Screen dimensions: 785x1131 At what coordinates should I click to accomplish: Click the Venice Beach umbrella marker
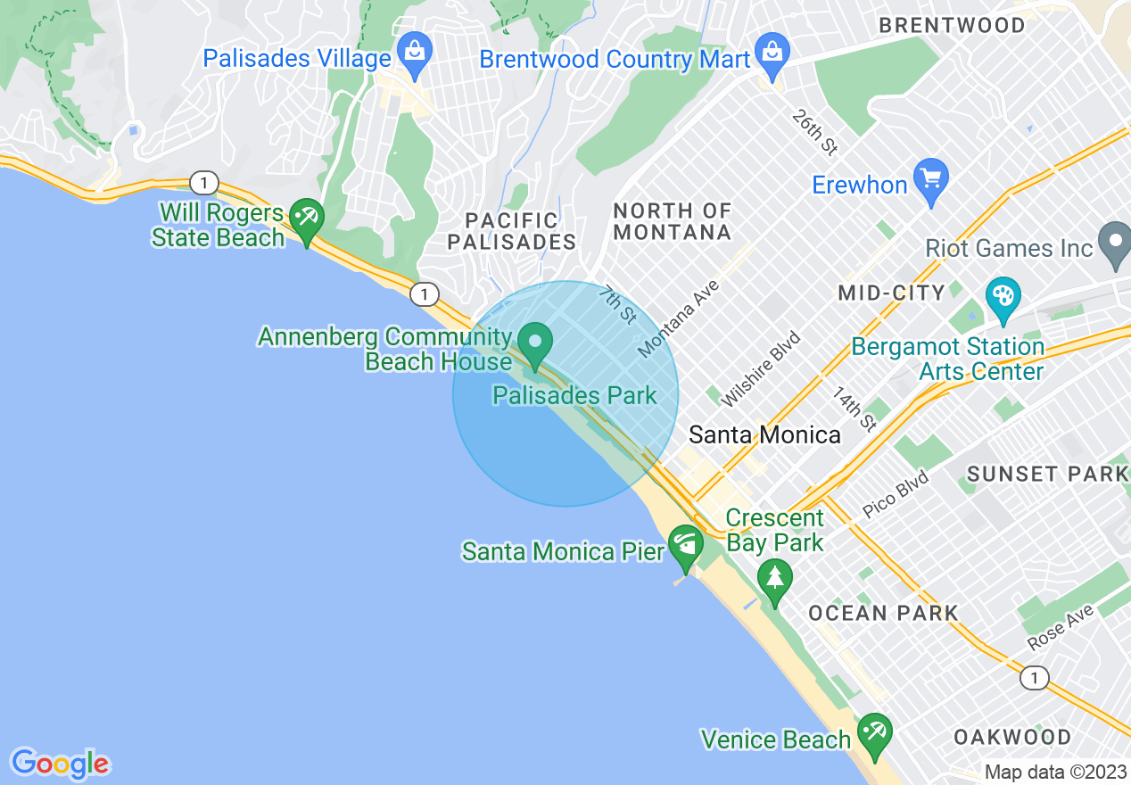pos(874,733)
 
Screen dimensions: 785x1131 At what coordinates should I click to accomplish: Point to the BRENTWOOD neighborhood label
pos(952,25)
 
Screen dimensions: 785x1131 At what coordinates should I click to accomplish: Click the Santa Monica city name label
pos(765,434)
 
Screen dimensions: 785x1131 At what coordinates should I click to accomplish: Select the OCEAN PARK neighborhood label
pos(883,613)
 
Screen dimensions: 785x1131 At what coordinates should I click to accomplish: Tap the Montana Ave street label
pos(679,318)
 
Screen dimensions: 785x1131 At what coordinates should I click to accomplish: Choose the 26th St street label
pos(814,133)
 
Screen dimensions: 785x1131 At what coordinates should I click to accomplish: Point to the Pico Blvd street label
pos(896,495)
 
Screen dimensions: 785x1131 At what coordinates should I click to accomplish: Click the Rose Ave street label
pos(1060,627)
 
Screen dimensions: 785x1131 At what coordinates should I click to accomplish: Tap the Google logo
pos(60,764)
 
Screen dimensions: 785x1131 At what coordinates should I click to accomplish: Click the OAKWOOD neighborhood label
pos(1012,737)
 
